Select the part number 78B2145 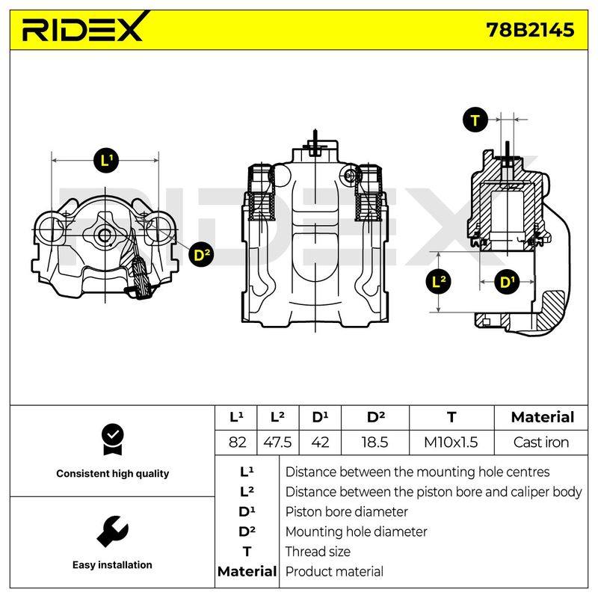pos(530,30)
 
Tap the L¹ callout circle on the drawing pos(106,160)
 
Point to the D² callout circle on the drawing pos(201,255)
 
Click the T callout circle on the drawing pos(475,120)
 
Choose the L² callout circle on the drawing pos(439,283)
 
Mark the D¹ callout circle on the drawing pos(507,283)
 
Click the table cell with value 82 pos(237,443)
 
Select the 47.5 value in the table pos(277,443)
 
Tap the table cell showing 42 pos(320,443)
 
